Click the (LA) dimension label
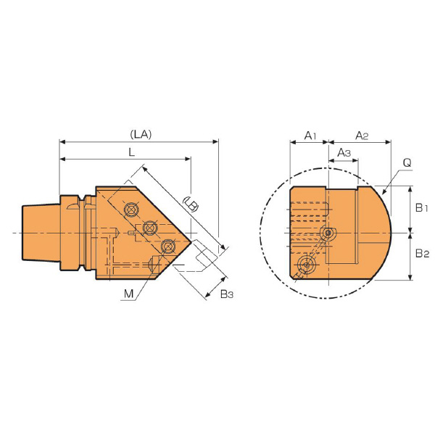pyautogui.click(x=141, y=135)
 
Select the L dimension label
pyautogui.click(x=132, y=152)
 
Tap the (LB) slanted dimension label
pyautogui.click(x=191, y=204)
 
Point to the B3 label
pyautogui.click(x=227, y=294)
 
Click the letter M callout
pyautogui.click(x=129, y=294)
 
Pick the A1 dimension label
pyautogui.click(x=310, y=136)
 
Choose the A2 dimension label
pyautogui.click(x=362, y=136)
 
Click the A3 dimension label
pyautogui.click(x=344, y=152)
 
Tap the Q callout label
pyautogui.click(x=407, y=163)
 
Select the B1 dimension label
pyautogui.click(x=422, y=208)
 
